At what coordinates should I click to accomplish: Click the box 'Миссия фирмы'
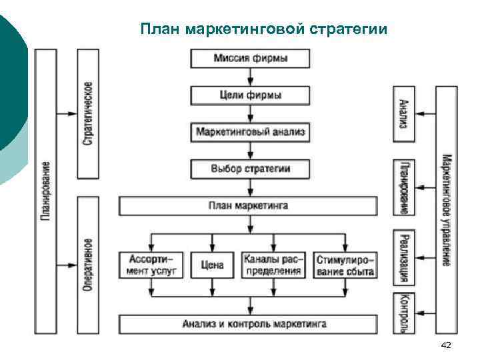tap(251, 59)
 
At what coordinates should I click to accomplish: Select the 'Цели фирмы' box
tap(251, 95)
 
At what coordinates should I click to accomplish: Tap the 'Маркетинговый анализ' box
tap(251, 132)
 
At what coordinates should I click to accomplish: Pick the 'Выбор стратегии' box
tap(251, 169)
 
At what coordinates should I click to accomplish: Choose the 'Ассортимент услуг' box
tap(151, 265)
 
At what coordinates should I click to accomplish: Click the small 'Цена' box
tap(212, 265)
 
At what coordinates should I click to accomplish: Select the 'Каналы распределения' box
tap(273, 265)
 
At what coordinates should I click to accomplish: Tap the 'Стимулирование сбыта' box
tap(345, 265)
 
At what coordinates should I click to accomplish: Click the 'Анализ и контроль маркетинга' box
tap(254, 325)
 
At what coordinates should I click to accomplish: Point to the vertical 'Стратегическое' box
tap(89, 113)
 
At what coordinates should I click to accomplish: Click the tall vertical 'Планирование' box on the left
tap(45, 191)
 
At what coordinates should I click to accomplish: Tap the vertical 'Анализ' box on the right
tap(403, 113)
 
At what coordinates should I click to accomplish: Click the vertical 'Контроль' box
tap(403, 312)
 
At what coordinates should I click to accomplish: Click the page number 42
tap(446, 345)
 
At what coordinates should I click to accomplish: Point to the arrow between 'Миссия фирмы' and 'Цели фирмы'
tap(251, 77)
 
